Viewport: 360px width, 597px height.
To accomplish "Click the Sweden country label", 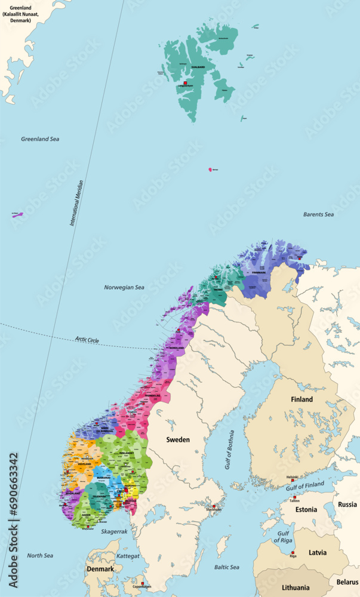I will pyautogui.click(x=178, y=439).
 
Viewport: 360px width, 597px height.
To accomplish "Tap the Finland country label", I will pyautogui.click(x=301, y=399).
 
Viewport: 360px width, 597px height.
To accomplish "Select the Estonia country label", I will pyautogui.click(x=306, y=510).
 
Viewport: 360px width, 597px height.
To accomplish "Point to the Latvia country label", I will pyautogui.click(x=317, y=553).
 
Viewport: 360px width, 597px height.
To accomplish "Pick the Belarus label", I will pyautogui.click(x=347, y=581).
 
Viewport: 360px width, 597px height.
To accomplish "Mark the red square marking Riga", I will pyautogui.click(x=293, y=552).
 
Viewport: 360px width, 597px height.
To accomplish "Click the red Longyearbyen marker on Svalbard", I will pyautogui.click(x=186, y=82).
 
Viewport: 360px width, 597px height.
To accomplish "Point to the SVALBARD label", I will pyautogui.click(x=198, y=67).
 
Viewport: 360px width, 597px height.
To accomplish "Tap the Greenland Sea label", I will pyautogui.click(x=40, y=139).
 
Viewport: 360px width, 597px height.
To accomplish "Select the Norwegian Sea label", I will pyautogui.click(x=124, y=287).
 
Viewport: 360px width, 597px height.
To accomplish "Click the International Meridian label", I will pyautogui.click(x=77, y=203).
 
